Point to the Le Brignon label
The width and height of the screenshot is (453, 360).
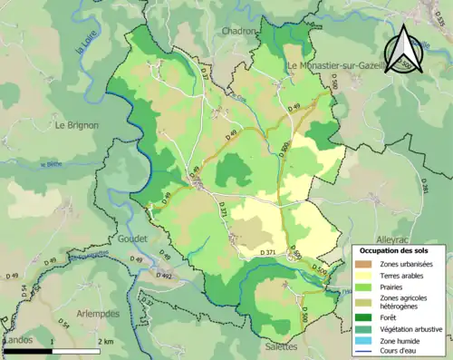tap(75, 124)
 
